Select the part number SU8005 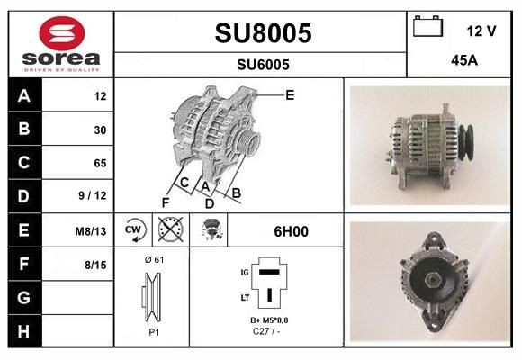pyautogui.click(x=263, y=34)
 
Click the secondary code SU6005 pyautogui.click(x=263, y=64)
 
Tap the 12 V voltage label pyautogui.click(x=481, y=31)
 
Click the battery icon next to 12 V pyautogui.click(x=427, y=28)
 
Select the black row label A pyautogui.click(x=24, y=95)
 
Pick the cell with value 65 pyautogui.click(x=100, y=163)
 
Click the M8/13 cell pyautogui.click(x=92, y=230)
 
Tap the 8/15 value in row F pyautogui.click(x=95, y=264)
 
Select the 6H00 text pyautogui.click(x=291, y=231)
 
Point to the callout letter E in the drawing pyautogui.click(x=290, y=94)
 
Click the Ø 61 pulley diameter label pyautogui.click(x=154, y=259)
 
